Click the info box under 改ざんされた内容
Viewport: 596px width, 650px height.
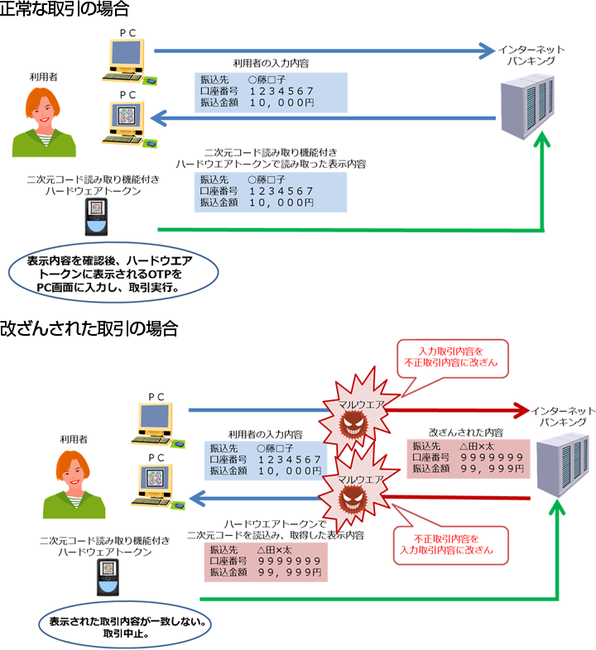pos(467,457)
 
